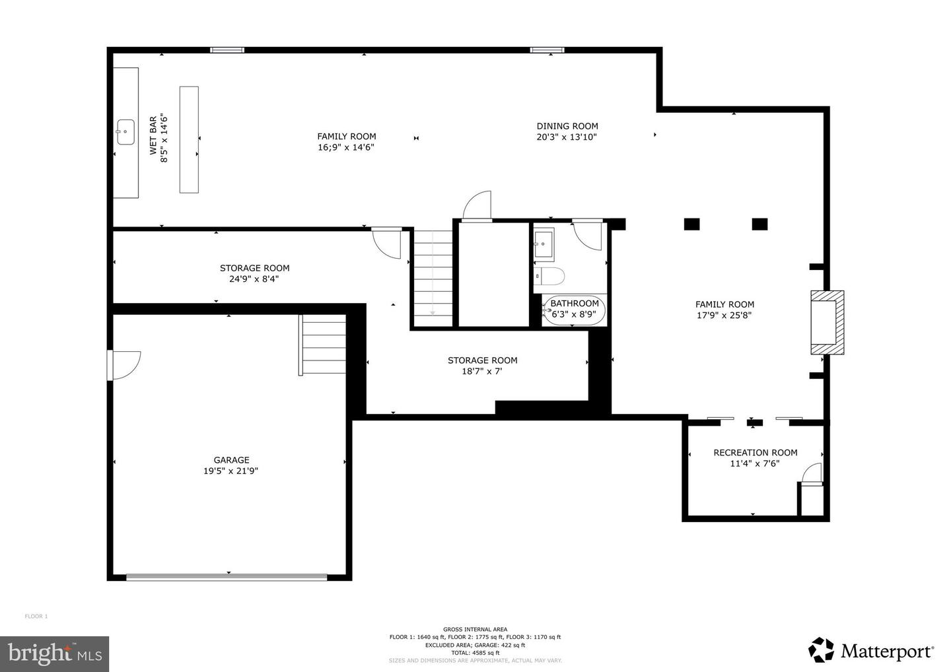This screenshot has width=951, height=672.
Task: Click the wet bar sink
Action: tap(125, 132)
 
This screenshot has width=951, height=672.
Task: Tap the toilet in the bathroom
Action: tap(549, 276)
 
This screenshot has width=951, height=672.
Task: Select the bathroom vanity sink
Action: tap(544, 244)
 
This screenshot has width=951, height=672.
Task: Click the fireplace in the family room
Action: tap(827, 322)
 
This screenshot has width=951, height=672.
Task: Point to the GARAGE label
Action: tap(231, 460)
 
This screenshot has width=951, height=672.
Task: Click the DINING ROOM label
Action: tap(567, 126)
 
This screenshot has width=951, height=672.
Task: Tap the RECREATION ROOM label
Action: tap(756, 453)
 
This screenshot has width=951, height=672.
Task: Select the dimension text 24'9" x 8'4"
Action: tap(254, 279)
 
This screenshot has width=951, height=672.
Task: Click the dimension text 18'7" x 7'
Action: tap(482, 371)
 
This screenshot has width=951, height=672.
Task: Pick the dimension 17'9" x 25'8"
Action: tap(724, 316)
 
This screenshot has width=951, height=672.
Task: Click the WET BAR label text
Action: tap(153, 135)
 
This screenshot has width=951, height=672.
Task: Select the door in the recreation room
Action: tap(812, 473)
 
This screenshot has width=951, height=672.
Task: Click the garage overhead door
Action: tap(227, 577)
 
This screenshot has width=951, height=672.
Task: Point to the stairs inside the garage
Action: tap(323, 345)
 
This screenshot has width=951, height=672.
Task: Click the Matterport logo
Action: tap(870, 650)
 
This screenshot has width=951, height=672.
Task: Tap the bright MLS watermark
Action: tap(54, 654)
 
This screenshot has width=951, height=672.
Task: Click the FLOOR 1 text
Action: tap(36, 617)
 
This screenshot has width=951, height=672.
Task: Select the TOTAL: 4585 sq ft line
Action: tap(475, 653)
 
